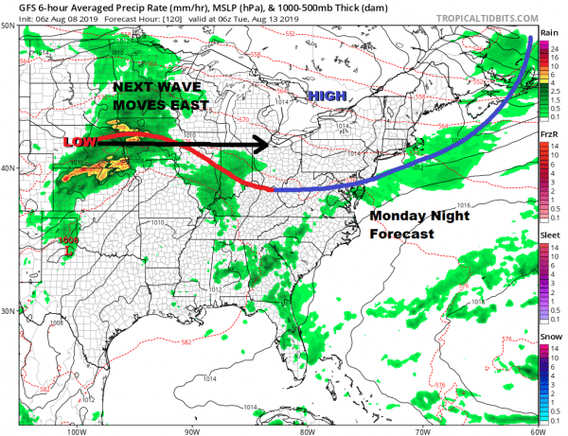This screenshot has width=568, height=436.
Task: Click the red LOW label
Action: pos(80,143)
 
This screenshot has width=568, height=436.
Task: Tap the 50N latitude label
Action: pos(9,26)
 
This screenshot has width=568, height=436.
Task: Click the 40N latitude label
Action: pos(9,167)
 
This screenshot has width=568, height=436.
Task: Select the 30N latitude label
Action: pos(9,310)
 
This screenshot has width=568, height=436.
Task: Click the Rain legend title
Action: pos(547,32)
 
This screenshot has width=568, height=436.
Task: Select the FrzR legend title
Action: pos(548,136)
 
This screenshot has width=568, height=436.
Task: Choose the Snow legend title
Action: pos(548,338)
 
